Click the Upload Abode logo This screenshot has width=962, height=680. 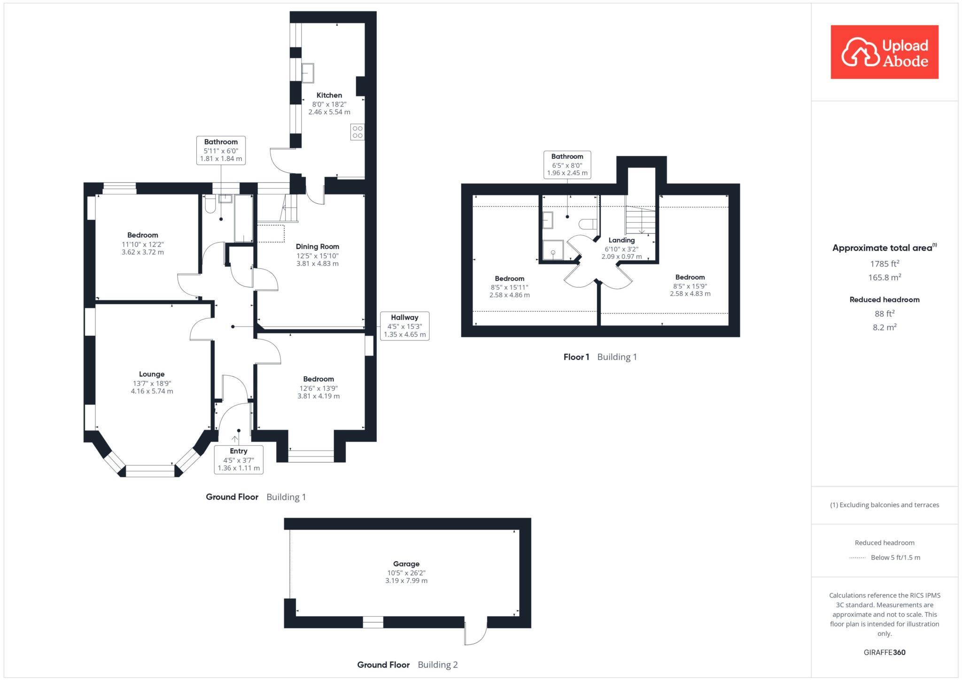884,52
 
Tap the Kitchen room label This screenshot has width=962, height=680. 329,95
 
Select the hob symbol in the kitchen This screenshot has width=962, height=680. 357,132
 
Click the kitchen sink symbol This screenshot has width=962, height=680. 308,73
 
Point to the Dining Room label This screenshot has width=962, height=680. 317,247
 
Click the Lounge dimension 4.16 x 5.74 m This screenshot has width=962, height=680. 152,391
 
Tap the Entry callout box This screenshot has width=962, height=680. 239,459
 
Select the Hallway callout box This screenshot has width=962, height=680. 404,326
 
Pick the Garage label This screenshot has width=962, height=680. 406,564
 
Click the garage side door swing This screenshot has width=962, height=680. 475,634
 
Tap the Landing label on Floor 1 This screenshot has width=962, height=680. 621,240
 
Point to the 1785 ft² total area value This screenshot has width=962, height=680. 884,264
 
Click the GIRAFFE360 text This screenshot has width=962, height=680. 884,652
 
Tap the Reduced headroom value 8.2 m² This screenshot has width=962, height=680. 884,327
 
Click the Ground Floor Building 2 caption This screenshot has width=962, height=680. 407,665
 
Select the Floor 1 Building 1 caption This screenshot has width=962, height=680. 600,357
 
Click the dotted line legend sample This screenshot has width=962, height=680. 857,558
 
